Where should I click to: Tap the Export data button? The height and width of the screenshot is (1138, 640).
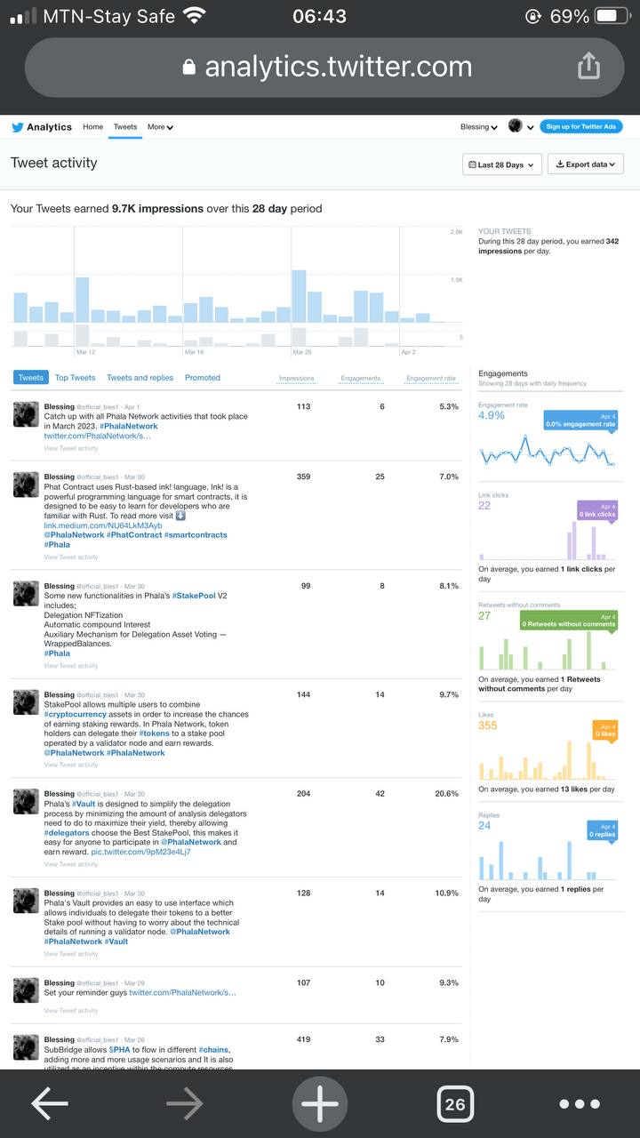click(x=586, y=164)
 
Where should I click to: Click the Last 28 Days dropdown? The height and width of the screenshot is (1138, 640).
click(x=502, y=164)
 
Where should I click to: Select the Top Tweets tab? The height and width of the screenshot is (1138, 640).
click(x=75, y=378)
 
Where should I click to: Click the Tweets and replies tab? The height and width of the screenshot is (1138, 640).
click(x=140, y=378)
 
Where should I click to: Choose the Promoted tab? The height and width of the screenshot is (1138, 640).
click(x=203, y=378)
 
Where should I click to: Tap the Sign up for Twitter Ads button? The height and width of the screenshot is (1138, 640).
click(x=581, y=127)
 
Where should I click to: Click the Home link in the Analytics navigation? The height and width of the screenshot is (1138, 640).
click(x=93, y=127)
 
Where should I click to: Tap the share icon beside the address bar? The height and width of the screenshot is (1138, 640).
click(x=588, y=66)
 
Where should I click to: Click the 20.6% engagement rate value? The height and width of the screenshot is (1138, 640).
click(x=446, y=794)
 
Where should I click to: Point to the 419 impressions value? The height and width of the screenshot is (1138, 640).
click(x=303, y=1039)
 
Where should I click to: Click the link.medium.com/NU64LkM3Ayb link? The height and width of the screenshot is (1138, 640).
click(x=103, y=525)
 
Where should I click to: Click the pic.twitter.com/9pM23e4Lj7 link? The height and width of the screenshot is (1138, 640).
click(x=140, y=852)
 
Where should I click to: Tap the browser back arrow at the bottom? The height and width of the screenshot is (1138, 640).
click(x=50, y=1104)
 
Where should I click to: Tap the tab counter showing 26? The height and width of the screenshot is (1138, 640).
click(x=455, y=1104)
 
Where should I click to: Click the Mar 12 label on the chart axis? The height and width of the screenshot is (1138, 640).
click(x=86, y=353)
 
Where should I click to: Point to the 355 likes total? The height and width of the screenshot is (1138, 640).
click(x=488, y=725)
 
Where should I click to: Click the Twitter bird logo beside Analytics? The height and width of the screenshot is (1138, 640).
click(x=17, y=127)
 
